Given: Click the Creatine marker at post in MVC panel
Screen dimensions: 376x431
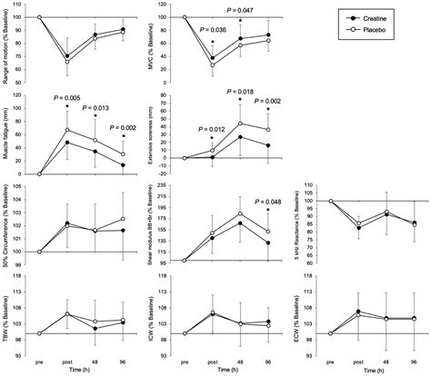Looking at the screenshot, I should pos(212,57).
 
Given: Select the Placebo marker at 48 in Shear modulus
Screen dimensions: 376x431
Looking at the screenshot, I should pos(240,213).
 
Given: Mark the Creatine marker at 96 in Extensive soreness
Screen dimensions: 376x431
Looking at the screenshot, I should pos(268,145).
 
